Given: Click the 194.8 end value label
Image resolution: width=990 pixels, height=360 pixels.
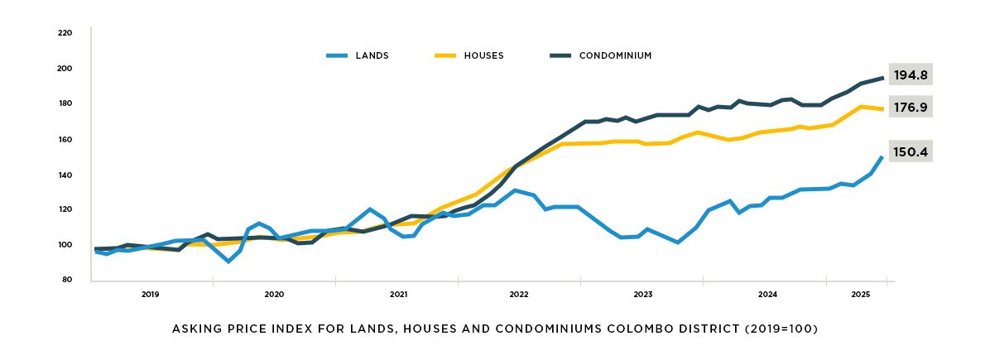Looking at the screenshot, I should tap(911, 75).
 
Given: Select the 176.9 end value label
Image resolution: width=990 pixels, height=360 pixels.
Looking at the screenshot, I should tap(911, 107).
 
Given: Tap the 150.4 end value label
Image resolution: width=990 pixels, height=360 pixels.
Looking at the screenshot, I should tap(911, 153).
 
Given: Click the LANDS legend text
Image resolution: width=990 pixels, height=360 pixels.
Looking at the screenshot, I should tap(372, 56).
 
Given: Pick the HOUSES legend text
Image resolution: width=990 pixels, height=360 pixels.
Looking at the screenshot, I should tap(483, 56).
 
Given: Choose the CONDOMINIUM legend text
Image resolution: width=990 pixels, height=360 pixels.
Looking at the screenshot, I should tap(615, 56).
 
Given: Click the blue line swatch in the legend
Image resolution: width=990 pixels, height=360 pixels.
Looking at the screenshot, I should tap(337, 56).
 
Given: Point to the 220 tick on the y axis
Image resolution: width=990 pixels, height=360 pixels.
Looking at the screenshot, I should tap(65, 33).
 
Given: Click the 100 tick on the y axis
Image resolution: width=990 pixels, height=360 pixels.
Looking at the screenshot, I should tap(65, 245).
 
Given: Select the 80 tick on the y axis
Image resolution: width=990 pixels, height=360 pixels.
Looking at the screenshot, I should tap(67, 280).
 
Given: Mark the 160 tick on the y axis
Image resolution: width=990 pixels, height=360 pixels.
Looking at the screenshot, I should tap(65, 139).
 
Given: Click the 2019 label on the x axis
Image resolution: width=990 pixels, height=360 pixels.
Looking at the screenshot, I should tap(150, 295).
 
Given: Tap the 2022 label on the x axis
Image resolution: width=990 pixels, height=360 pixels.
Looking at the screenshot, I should tap(519, 295).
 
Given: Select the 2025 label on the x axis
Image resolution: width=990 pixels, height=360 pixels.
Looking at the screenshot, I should tap(860, 295).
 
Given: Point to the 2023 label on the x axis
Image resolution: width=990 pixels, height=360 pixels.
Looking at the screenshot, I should tap(642, 295).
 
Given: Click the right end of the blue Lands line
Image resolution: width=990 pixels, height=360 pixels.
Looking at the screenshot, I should tap(882, 156).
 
